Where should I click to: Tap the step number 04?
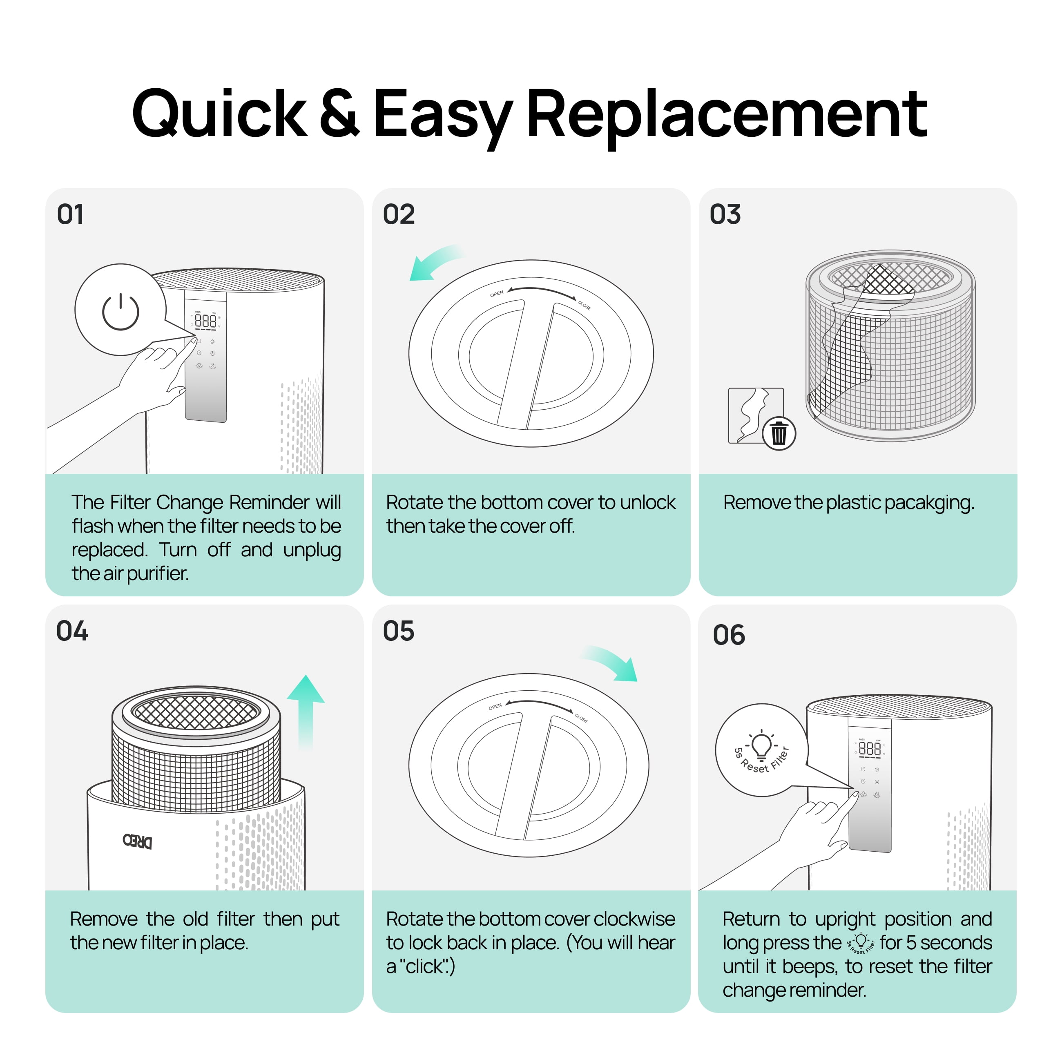click(x=72, y=631)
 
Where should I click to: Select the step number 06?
click(x=729, y=635)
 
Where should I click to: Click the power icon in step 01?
click(x=120, y=312)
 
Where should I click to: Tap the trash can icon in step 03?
click(x=779, y=433)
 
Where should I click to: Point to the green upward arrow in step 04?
click(x=306, y=712)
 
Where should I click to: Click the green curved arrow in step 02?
click(x=434, y=261)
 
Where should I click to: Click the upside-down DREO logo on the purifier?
click(x=137, y=841)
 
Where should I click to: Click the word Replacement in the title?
click(x=727, y=114)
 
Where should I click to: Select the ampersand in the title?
click(x=340, y=112)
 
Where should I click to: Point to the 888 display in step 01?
click(x=205, y=321)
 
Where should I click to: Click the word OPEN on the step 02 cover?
click(x=497, y=294)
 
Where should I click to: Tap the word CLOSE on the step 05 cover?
click(x=582, y=718)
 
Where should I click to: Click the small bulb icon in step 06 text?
click(x=861, y=943)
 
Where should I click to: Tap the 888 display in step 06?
click(x=870, y=749)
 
